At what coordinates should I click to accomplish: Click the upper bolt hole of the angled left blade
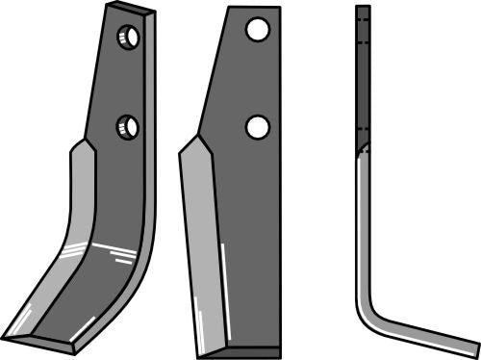(x=128, y=39)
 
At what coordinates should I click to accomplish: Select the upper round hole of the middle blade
(x=256, y=30)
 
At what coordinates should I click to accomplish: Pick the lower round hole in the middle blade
(x=256, y=126)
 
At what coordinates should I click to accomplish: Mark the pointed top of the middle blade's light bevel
(x=198, y=138)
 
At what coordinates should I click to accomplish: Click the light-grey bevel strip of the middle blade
(x=202, y=241)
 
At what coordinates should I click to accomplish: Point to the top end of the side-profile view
(x=363, y=8)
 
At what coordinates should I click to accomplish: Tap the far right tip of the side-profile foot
(x=475, y=347)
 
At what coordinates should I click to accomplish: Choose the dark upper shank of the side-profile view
(x=363, y=77)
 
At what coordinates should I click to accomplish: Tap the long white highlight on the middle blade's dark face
(x=222, y=289)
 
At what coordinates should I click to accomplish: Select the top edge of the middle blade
(x=251, y=9)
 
